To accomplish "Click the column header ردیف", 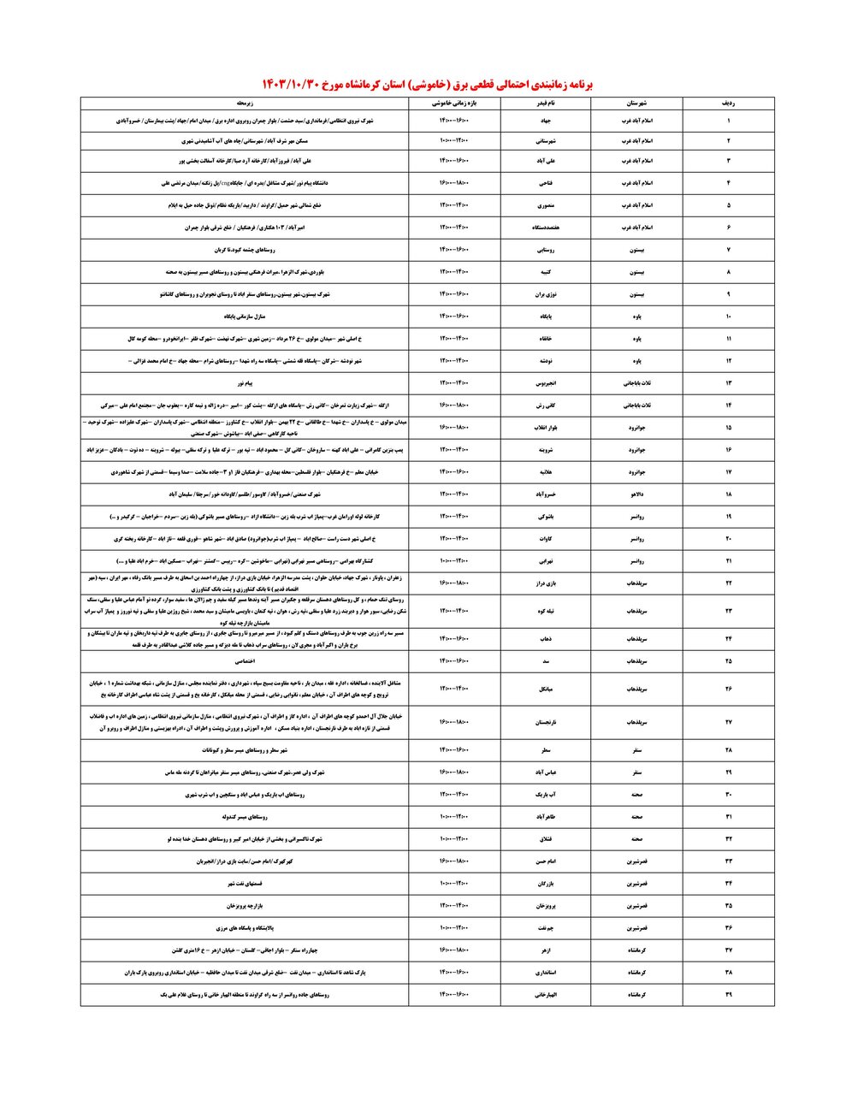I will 728,103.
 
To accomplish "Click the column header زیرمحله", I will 245,103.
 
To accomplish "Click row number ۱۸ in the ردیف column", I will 728,494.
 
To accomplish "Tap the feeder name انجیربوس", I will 547,382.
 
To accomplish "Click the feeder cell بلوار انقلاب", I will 547,427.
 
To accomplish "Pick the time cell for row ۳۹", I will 454,995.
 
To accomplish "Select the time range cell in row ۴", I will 454,183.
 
